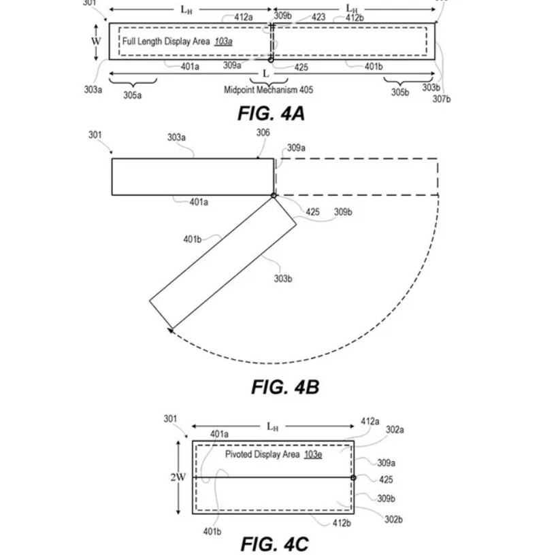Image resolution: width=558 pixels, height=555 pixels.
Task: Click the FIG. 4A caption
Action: [x=271, y=114]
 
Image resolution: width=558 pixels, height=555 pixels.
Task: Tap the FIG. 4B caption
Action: [x=285, y=387]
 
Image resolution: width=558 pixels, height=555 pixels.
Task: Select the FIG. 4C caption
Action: [x=275, y=544]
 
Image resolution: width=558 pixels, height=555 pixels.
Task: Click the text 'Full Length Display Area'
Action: [x=166, y=41]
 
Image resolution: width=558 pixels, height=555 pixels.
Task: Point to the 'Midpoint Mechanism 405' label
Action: [x=268, y=90]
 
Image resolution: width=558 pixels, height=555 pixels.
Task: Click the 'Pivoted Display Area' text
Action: [x=262, y=454]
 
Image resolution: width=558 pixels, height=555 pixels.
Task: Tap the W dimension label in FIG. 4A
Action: [x=96, y=41]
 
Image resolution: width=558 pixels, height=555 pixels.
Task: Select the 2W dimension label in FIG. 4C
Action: [x=178, y=477]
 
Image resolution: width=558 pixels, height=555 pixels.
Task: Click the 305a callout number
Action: [x=133, y=95]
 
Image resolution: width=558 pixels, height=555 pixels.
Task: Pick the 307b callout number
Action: [x=441, y=99]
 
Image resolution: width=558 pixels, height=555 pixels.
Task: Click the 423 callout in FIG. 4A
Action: [x=318, y=17]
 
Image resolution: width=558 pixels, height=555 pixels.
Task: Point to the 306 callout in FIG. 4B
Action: [x=263, y=133]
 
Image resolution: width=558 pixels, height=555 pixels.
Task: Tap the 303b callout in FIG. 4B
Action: [x=283, y=279]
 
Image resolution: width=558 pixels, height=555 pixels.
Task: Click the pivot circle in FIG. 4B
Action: [x=274, y=195]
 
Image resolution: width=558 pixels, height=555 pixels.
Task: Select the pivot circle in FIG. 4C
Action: [x=353, y=477]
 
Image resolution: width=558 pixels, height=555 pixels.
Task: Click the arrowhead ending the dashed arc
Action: [x=170, y=331]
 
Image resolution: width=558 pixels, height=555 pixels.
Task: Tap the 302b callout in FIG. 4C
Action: [x=393, y=520]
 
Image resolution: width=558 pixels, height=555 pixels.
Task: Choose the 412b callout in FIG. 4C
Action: [x=342, y=523]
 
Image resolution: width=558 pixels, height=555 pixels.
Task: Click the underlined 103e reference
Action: [x=313, y=454]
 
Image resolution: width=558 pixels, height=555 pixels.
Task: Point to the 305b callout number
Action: [x=400, y=92]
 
